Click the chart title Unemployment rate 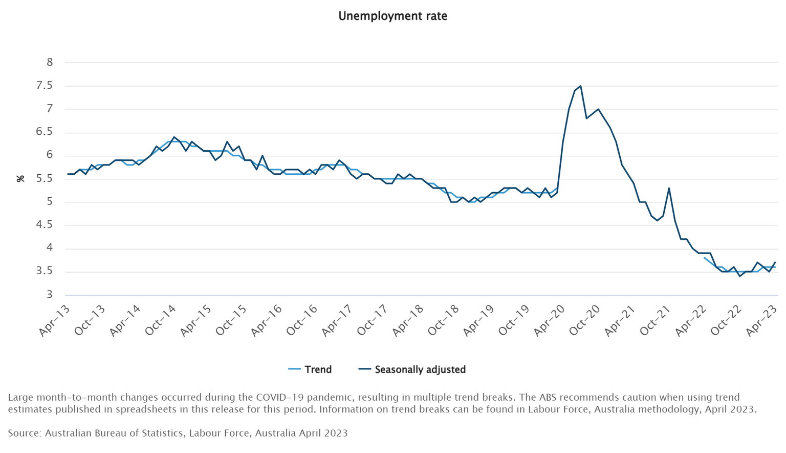click(392, 16)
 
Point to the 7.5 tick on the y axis click(44, 86)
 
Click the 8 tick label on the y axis click(50, 63)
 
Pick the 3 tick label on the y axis click(50, 295)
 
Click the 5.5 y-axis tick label click(44, 179)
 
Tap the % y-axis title click(20, 179)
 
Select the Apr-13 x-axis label click(55, 320)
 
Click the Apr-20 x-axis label click(550, 320)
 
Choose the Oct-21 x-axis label click(656, 320)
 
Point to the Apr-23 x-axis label click(762, 320)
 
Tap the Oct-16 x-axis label click(302, 320)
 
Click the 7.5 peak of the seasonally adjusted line click(580, 86)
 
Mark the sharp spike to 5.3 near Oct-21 click(669, 188)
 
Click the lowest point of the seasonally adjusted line click(739, 276)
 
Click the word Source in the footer click(24, 433)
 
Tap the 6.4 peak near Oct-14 click(174, 137)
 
